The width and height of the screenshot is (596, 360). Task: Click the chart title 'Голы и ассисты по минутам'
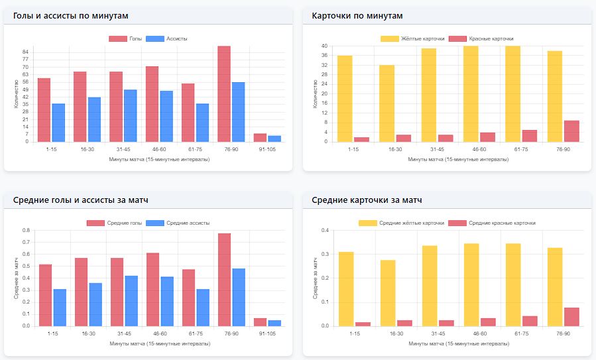pyautogui.click(x=71, y=15)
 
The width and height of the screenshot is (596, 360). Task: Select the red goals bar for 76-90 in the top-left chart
pyautogui.click(x=224, y=94)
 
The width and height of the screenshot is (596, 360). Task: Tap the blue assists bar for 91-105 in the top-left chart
pyautogui.click(x=274, y=139)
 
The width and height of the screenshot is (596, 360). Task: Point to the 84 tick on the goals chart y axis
pyautogui.click(x=25, y=52)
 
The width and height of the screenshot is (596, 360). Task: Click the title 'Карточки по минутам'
pyautogui.click(x=357, y=15)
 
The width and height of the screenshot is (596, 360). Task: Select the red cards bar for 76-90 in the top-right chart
pyautogui.click(x=571, y=131)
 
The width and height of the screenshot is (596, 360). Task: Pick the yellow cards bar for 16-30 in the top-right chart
pyautogui.click(x=387, y=103)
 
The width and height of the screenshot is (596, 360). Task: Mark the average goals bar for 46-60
pyautogui.click(x=152, y=290)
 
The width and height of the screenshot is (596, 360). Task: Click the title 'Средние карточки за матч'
pyautogui.click(x=367, y=200)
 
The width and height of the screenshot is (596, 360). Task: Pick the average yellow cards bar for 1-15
pyautogui.click(x=345, y=289)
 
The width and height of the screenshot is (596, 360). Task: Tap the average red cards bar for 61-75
pyautogui.click(x=529, y=321)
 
